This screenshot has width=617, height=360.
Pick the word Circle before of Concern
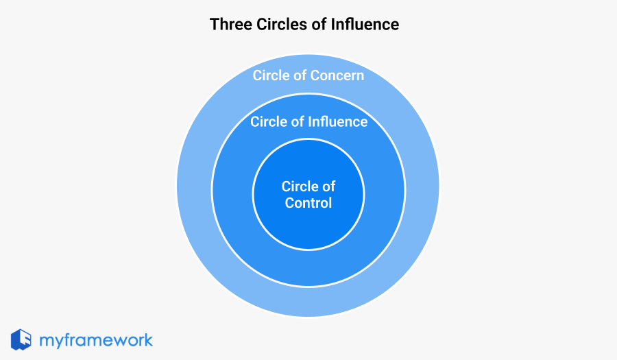coord(271,75)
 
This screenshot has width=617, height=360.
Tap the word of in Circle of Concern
coord(300,75)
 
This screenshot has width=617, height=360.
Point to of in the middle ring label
coord(297,122)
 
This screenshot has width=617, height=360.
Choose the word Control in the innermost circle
coord(308,203)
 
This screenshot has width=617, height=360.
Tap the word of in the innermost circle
coord(329,187)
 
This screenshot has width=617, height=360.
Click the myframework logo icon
coord(21,339)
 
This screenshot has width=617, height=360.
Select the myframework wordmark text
coord(96,340)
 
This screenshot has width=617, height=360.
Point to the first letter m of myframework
coord(47,341)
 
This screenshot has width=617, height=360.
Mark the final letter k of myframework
coord(147,339)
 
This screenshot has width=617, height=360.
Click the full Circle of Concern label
coord(308,75)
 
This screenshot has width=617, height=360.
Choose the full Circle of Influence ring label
coord(308,122)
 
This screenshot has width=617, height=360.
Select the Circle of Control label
coord(308,195)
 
